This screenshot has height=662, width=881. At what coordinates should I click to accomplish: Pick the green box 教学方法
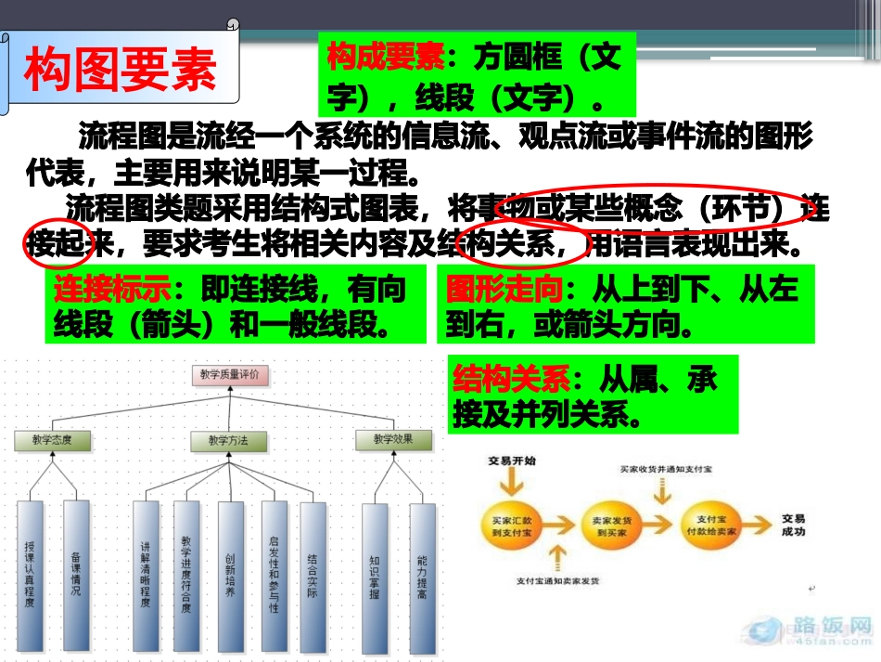pyautogui.click(x=227, y=441)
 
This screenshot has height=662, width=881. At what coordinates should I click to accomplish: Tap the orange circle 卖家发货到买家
pyautogui.click(x=610, y=526)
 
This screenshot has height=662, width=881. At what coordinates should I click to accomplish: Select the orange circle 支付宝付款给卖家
pyautogui.click(x=713, y=526)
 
